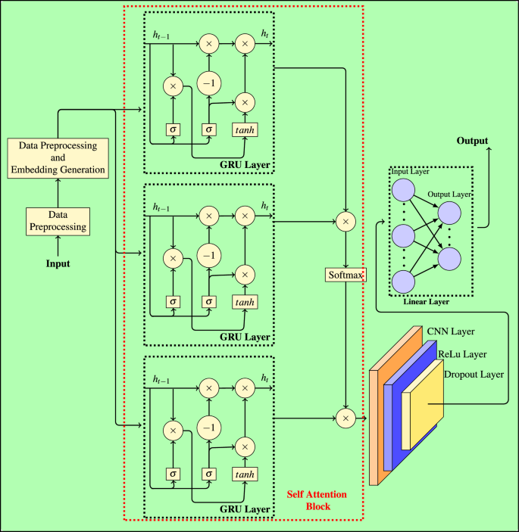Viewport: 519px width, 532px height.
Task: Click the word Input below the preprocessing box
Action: tap(57, 264)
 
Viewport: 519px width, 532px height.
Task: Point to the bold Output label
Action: tap(471, 142)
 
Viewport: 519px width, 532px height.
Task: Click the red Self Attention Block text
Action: tap(317, 500)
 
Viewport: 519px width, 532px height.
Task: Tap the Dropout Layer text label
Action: tap(474, 374)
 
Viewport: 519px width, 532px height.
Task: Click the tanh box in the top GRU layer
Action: tap(244, 129)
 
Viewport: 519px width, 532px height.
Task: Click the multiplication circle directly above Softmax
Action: tap(345, 222)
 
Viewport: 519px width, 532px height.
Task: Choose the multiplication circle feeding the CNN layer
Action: tap(345, 417)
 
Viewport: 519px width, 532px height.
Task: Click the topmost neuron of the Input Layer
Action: tap(403, 189)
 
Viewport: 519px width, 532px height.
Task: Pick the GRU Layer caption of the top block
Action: tap(245, 163)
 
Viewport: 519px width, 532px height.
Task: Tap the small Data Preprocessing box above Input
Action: tap(58, 220)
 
